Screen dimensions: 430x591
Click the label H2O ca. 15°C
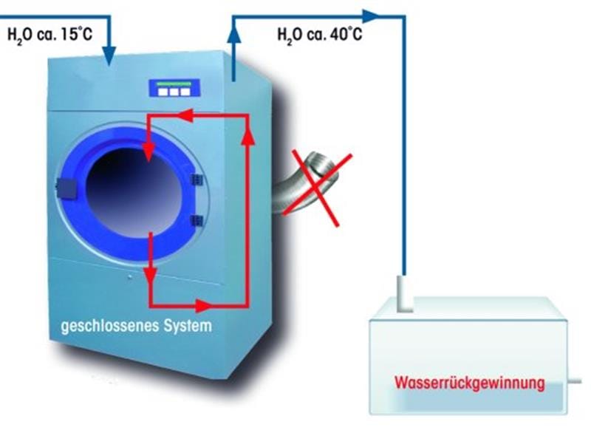(49, 34)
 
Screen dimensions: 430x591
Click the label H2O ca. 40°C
(319, 34)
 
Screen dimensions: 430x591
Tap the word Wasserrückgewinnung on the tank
(470, 383)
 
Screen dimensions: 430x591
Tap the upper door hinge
(195, 179)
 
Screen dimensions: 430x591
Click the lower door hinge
(195, 218)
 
